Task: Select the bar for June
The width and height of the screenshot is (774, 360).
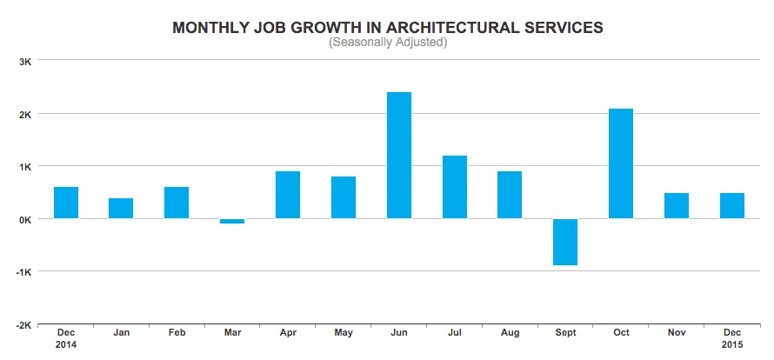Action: coord(399,155)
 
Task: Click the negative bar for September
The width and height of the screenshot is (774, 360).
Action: coord(565,242)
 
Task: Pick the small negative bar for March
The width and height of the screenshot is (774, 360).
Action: coord(232,221)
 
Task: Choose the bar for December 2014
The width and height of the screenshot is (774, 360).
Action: coord(66,203)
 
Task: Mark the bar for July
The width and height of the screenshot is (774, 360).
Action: coord(455,187)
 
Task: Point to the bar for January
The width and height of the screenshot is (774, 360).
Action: coord(121,208)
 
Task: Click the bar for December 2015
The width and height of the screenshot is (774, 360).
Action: coord(732,205)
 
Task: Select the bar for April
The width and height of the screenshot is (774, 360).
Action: coord(288,195)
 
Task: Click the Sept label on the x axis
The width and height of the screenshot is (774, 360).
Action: coord(565,332)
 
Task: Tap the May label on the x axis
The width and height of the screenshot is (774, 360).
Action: coord(344,332)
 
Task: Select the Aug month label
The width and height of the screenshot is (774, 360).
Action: coord(510,332)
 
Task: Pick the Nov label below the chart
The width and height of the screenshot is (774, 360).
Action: coord(677,332)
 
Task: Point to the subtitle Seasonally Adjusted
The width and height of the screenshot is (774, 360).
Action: coord(388,42)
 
